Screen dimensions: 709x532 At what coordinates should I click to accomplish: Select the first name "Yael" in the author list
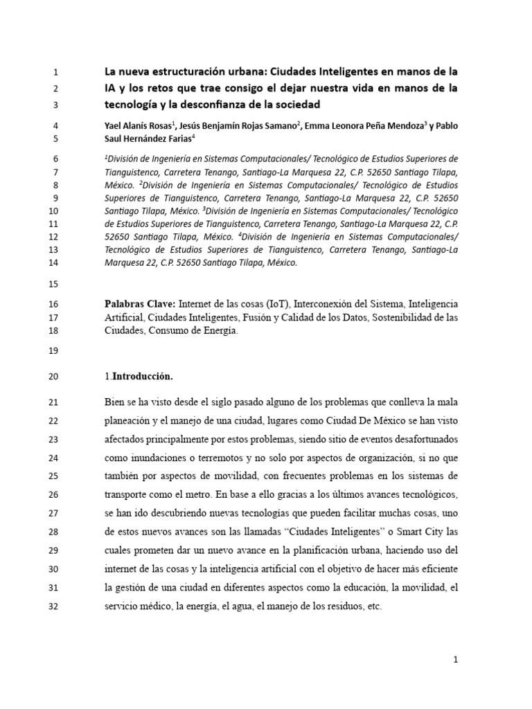tap(115, 126)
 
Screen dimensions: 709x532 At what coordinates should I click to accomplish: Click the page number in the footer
tap(456, 661)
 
